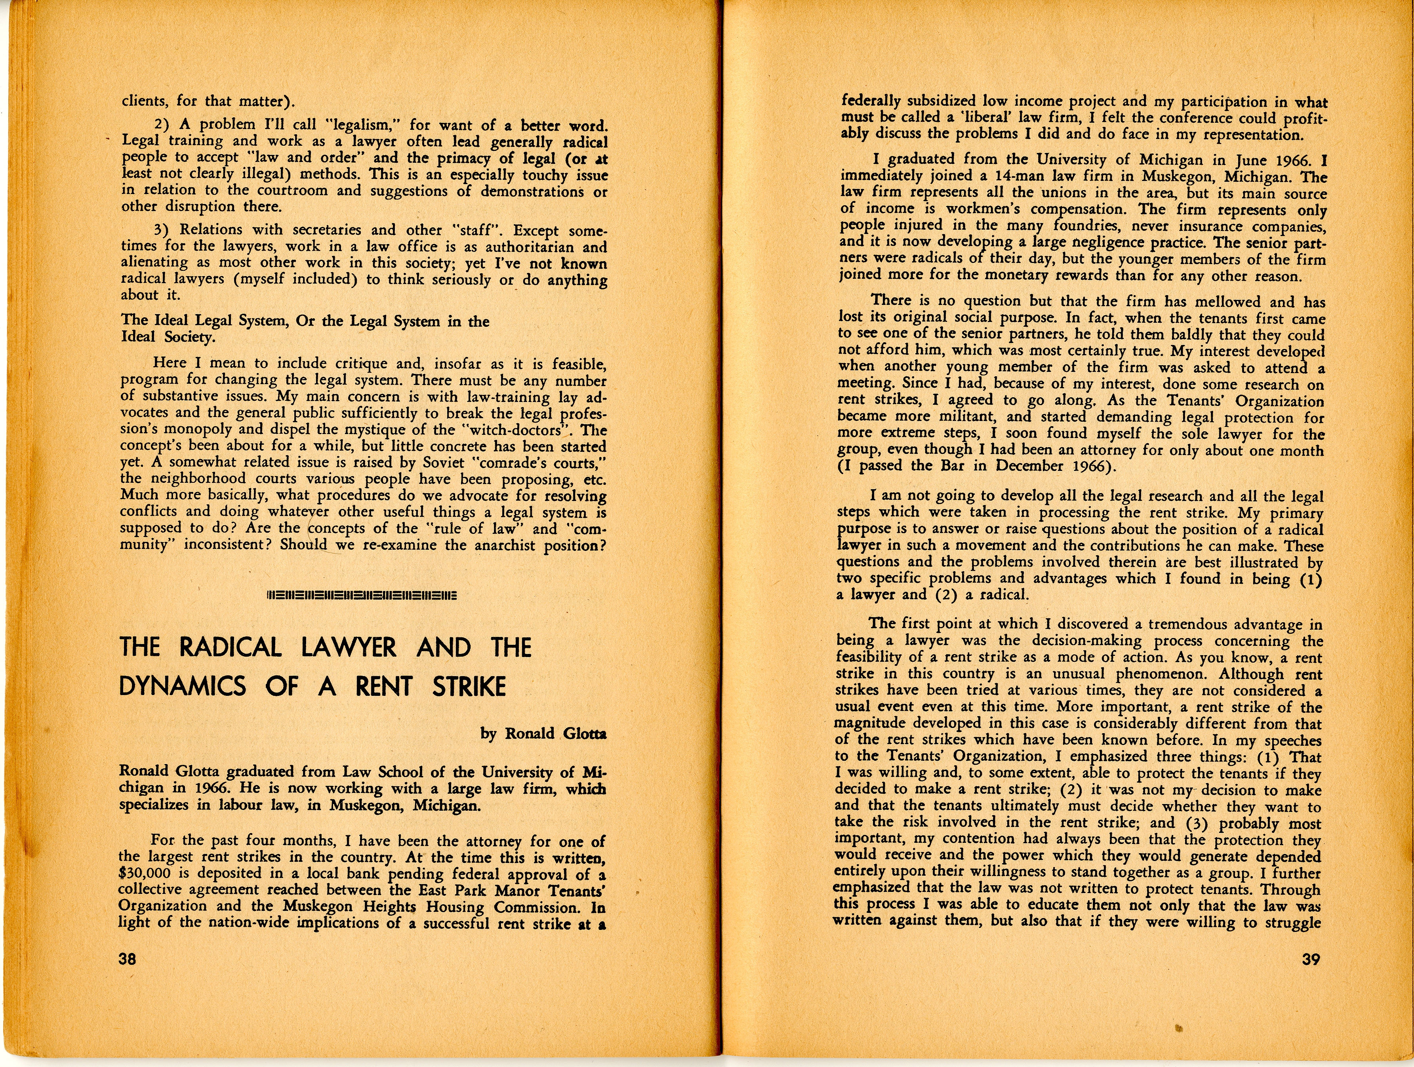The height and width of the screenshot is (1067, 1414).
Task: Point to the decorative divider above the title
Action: tap(362, 596)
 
